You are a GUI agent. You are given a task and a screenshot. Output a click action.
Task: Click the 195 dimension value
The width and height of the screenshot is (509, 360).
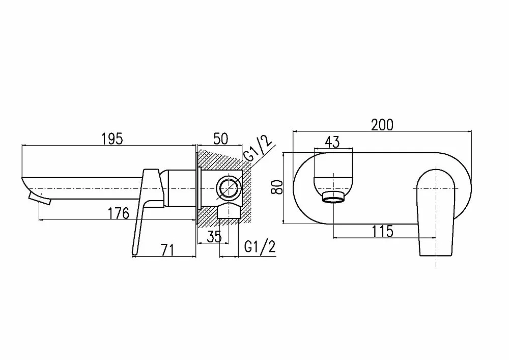(x=112, y=139)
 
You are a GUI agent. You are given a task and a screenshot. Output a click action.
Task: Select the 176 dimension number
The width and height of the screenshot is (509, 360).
(x=119, y=213)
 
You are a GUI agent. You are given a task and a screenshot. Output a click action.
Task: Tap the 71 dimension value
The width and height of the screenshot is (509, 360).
(x=168, y=250)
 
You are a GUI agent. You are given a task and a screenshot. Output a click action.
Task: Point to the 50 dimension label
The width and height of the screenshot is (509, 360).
(x=220, y=139)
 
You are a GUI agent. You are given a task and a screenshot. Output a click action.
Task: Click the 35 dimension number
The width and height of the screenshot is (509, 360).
(x=214, y=236)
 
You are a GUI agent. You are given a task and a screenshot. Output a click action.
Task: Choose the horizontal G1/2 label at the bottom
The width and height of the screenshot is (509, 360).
(x=260, y=247)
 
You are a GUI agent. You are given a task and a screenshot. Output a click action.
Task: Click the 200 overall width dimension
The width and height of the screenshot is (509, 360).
(x=382, y=125)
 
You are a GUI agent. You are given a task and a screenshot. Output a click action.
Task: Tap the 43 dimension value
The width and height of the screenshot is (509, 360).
(x=332, y=142)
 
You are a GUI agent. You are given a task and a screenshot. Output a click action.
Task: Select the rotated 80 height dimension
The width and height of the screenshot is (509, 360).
(x=277, y=187)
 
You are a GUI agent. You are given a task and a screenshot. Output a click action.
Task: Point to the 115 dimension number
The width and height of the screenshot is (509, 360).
(x=382, y=232)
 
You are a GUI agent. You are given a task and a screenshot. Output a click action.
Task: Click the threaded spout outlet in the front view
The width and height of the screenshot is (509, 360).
(x=334, y=197)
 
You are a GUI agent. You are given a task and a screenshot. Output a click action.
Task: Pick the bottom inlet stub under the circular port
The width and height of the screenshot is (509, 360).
(x=229, y=211)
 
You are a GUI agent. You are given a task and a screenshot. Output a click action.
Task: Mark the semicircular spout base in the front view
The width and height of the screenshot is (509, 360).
(x=333, y=185)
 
